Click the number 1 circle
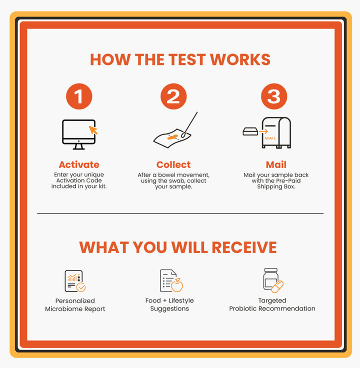point(79,96)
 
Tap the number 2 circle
point(173,96)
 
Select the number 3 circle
point(274,96)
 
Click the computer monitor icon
point(79,134)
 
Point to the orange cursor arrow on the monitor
point(93,130)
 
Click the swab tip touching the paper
point(183,135)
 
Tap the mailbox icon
point(276,132)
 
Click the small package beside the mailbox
point(250,131)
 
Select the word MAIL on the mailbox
point(270,138)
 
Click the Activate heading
point(79,164)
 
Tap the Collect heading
point(173,164)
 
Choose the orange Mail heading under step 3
point(276,164)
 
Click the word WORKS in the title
point(240,59)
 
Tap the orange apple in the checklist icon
point(177,285)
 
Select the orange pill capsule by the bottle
point(277,287)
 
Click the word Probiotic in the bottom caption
point(243,308)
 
